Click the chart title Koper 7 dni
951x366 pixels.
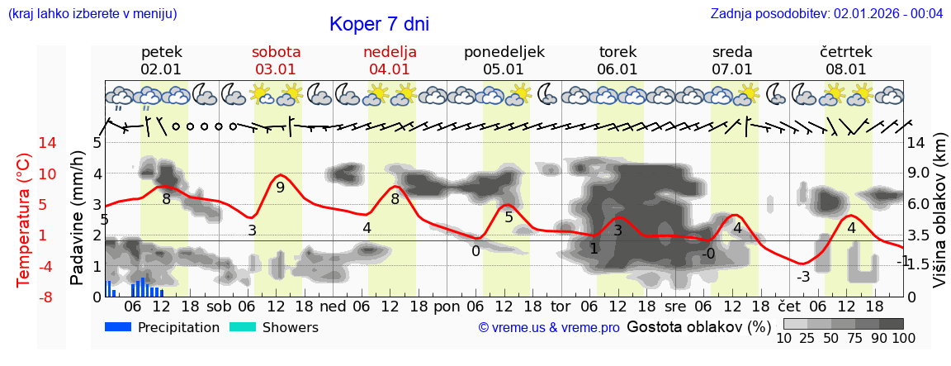point(379,24)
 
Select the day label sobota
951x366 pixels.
point(276,52)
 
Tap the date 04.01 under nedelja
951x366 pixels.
point(390,69)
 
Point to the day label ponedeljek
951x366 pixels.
point(504,52)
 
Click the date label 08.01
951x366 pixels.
point(845,69)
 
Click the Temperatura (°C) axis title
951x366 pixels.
point(24,220)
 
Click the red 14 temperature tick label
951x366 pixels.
point(24,143)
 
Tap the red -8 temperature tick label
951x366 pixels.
point(24,297)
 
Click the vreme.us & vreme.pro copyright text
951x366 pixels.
point(548,328)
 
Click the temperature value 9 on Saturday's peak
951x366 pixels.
point(280,188)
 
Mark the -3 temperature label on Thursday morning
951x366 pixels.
point(802,277)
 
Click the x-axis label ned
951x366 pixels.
point(333,306)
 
